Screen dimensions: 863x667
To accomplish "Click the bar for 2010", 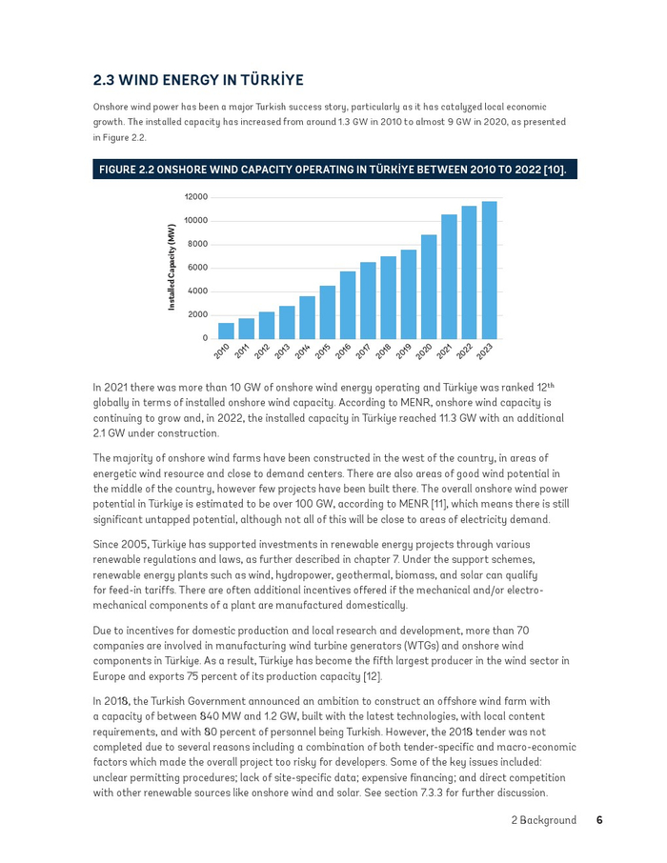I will tap(226, 331).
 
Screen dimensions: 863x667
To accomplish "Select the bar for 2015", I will tap(327, 312).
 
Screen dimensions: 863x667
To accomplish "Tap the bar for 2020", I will tap(429, 287).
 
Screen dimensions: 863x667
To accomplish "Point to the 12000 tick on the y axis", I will tap(195, 197).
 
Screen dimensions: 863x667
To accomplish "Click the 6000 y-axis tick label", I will tap(197, 268).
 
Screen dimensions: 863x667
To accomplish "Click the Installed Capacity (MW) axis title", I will tap(172, 268).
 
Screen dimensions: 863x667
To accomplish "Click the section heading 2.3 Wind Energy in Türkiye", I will tap(198, 79).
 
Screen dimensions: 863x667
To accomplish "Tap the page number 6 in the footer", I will tap(599, 820).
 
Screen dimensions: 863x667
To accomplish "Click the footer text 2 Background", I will tap(543, 820).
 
